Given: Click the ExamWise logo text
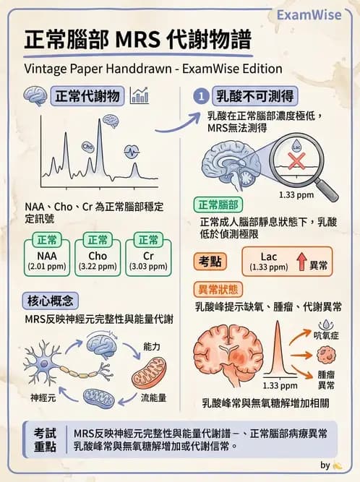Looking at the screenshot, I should pyautogui.click(x=314, y=14).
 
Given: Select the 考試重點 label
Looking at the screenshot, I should pyautogui.click(x=46, y=439).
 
